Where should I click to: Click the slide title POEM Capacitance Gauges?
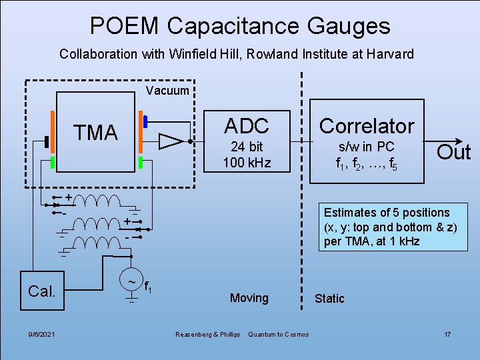point(240,26)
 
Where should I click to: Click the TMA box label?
point(95,133)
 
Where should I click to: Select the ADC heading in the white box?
point(247,125)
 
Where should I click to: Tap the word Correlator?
point(367,125)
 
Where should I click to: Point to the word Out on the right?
point(453,152)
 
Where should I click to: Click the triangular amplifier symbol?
point(171,141)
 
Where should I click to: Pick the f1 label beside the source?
point(149,289)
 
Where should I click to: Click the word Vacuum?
point(167,91)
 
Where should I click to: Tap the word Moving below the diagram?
point(249,298)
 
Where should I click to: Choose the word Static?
point(329,299)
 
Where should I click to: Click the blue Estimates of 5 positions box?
point(387,227)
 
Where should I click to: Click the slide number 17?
point(448,333)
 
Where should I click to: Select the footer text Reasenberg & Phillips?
point(207,334)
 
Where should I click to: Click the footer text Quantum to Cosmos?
point(278,334)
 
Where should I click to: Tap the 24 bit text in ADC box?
point(247,147)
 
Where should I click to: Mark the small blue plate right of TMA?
point(145,121)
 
